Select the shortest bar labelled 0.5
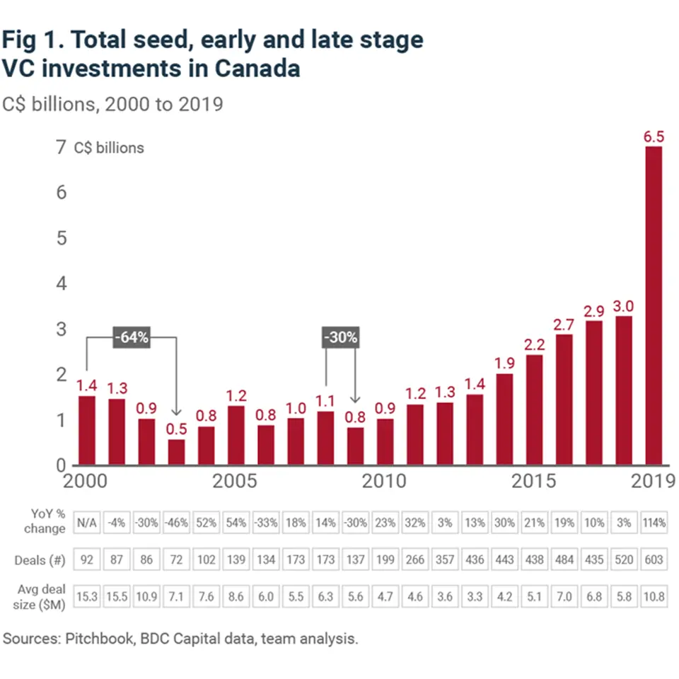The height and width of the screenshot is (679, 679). tap(176, 452)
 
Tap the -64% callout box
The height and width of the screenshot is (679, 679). tap(132, 337)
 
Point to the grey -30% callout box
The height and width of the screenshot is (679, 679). tap(340, 337)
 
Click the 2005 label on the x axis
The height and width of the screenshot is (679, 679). tap(236, 482)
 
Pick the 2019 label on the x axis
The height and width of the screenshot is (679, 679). tap(651, 482)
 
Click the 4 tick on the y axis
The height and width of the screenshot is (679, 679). tap(61, 284)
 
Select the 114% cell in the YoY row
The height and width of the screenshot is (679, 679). tap(654, 523)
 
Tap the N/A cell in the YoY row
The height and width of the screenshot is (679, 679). tap(86, 523)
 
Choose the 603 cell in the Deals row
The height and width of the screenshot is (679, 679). tap(654, 559)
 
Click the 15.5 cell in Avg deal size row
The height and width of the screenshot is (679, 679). tap(116, 596)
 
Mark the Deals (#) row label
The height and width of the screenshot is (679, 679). tap(40, 560)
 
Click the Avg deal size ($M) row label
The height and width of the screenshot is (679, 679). tap(40, 596)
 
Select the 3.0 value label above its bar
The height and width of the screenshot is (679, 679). tap(623, 306)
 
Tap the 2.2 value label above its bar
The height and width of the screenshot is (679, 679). tap(534, 344)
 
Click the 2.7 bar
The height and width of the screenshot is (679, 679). tap(564, 400)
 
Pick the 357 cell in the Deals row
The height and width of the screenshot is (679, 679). tap(444, 559)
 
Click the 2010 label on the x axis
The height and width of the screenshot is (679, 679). tap(383, 482)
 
